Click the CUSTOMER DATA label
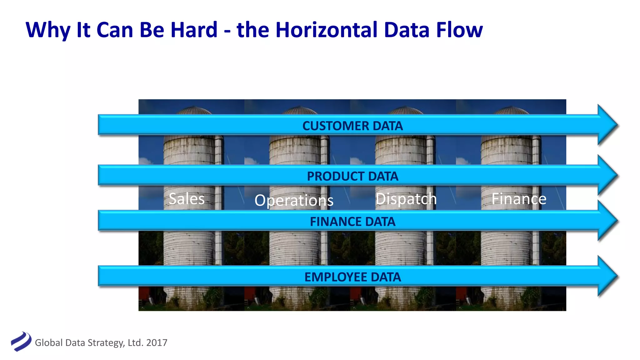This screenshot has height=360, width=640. tap(352, 126)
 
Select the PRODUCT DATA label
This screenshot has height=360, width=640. tap(352, 176)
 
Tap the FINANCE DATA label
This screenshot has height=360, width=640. tap(352, 222)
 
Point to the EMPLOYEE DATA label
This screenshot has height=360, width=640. tap(352, 277)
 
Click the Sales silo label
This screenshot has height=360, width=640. tap(187, 199)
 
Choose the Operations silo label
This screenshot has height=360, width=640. tap(294, 200)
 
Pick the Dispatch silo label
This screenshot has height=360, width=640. tap(406, 199)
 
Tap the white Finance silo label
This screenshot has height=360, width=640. tap(519, 199)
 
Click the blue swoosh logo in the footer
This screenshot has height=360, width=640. tap(21, 341)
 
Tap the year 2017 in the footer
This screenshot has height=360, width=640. tap(157, 343)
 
